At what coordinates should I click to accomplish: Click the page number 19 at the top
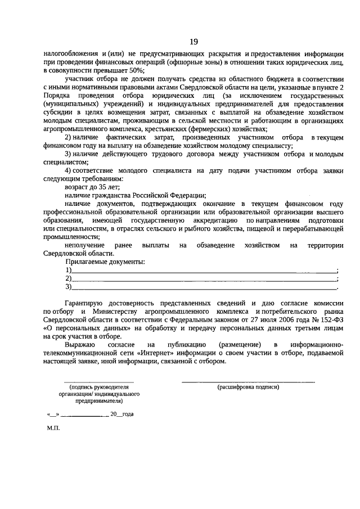click(x=193, y=42)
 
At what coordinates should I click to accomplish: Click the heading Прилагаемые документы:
click(x=105, y=262)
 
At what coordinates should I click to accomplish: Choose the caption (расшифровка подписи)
click(x=247, y=387)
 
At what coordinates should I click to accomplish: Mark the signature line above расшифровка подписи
click(x=247, y=381)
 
